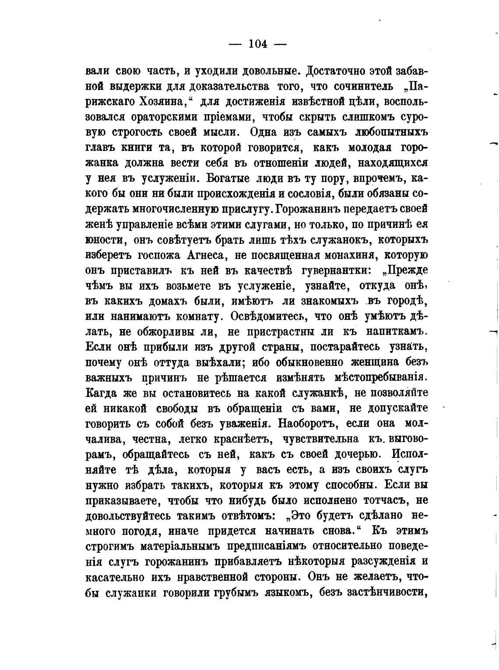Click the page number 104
(x=258, y=44)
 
